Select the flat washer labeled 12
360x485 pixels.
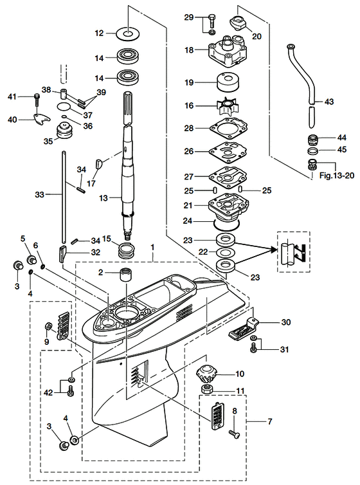(128, 33)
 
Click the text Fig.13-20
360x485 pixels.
(336, 176)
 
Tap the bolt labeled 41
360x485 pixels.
(37, 99)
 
